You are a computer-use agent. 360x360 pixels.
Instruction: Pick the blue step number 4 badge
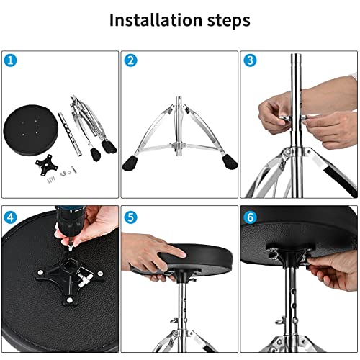click(11, 216)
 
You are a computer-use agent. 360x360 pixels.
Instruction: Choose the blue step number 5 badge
click(130, 216)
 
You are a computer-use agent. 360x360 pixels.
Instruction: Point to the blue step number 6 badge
click(250, 216)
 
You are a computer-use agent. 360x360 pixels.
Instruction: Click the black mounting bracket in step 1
click(47, 165)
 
